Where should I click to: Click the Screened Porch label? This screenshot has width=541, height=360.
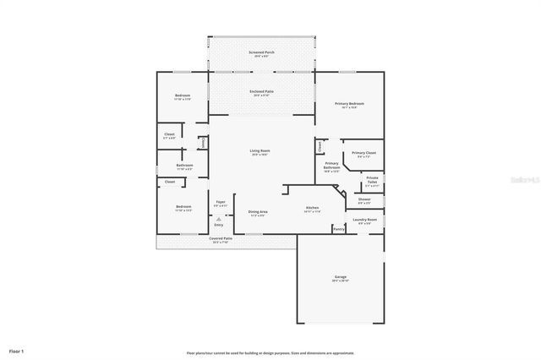pyautogui.click(x=261, y=53)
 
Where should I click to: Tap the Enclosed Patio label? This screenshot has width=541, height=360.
pyautogui.click(x=261, y=91)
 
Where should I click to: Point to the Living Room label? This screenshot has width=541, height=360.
pyautogui.click(x=259, y=151)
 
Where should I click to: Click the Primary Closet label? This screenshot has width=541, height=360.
pyautogui.click(x=364, y=153)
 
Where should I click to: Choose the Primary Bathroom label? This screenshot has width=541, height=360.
pyautogui.click(x=332, y=166)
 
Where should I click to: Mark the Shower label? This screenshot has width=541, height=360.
pyautogui.click(x=364, y=200)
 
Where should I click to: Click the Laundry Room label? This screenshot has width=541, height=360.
pyautogui.click(x=366, y=221)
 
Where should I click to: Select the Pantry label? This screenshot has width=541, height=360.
pyautogui.click(x=338, y=228)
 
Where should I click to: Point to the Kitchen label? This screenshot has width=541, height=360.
pyautogui.click(x=312, y=209)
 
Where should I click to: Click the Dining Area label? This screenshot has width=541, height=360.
pyautogui.click(x=258, y=212)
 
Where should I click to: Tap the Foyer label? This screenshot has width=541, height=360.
pyautogui.click(x=220, y=203)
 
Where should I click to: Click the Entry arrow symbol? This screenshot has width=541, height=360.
pyautogui.click(x=219, y=218)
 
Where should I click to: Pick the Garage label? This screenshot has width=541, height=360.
pyautogui.click(x=341, y=278)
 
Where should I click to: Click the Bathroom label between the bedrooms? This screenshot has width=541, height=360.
pyautogui.click(x=184, y=166)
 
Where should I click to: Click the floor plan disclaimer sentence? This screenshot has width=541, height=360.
pyautogui.click(x=270, y=352)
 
